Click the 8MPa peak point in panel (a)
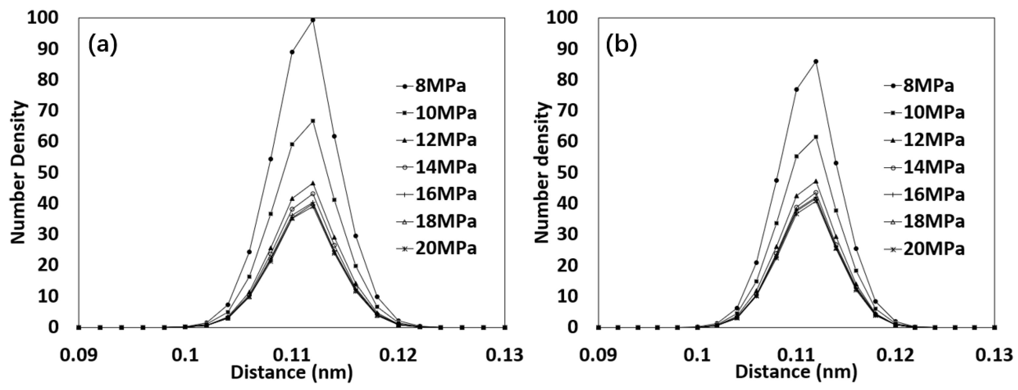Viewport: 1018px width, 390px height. click(x=313, y=20)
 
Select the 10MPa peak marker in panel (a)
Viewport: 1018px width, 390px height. click(x=313, y=120)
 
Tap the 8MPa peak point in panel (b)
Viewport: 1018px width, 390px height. click(x=816, y=61)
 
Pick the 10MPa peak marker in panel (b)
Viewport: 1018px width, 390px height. click(x=816, y=137)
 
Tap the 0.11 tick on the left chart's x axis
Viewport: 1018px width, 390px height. click(x=291, y=355)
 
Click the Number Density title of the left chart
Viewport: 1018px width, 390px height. click(x=18, y=173)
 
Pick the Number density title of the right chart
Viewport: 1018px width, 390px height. click(x=542, y=173)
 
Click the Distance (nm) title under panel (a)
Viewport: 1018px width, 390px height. click(x=291, y=372)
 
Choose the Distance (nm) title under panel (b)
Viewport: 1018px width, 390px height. click(x=796, y=372)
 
